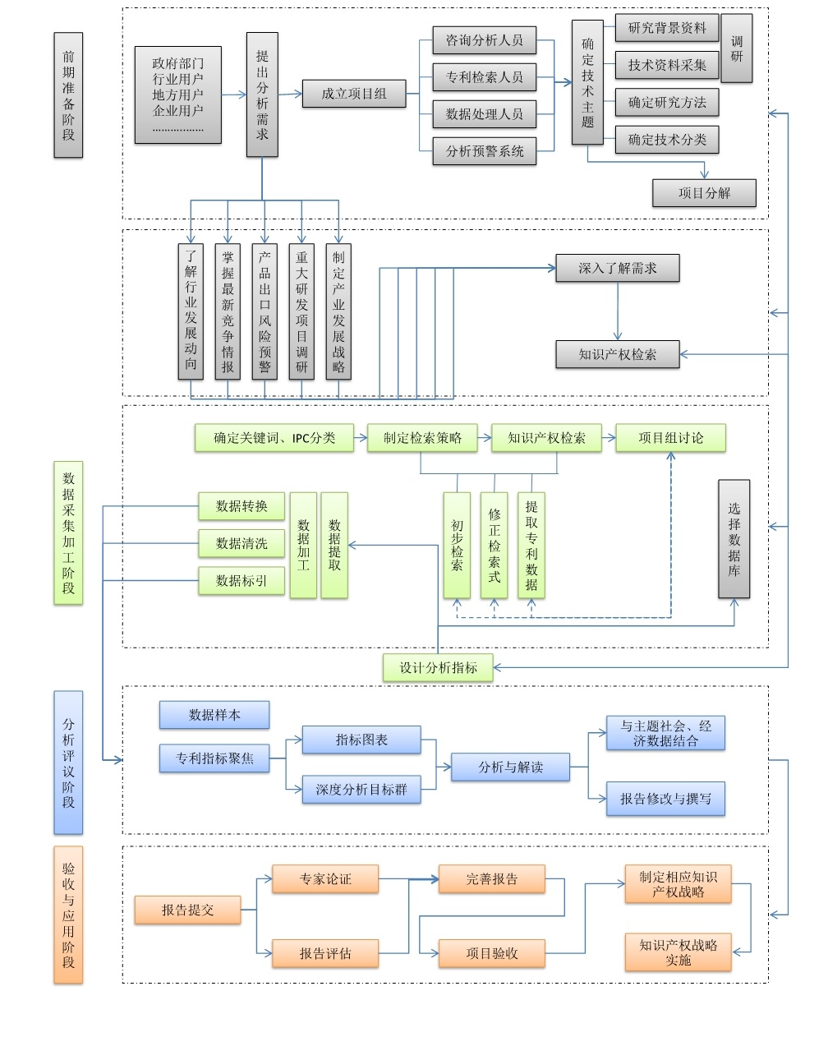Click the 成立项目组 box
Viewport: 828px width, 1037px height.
coord(354,94)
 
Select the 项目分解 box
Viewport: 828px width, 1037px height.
coord(704,193)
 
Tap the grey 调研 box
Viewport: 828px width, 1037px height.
coord(737,48)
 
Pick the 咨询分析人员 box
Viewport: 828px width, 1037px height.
coord(484,40)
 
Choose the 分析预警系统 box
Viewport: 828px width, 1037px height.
coord(484,151)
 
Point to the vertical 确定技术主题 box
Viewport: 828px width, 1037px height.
coord(587,82)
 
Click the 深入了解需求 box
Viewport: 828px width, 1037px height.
coord(618,268)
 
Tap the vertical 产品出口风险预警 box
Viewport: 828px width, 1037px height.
coord(264,311)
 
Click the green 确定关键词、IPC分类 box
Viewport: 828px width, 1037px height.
coord(274,437)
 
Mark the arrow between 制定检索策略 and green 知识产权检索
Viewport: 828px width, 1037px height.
coord(485,437)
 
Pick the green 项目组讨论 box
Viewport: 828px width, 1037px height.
coord(670,437)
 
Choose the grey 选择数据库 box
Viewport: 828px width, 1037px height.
coord(734,539)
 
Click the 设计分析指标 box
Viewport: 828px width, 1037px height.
coord(438,667)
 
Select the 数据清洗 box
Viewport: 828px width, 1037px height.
coord(241,543)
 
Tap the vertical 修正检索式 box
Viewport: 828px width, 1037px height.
coord(494,545)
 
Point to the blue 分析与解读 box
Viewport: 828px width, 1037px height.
coord(510,767)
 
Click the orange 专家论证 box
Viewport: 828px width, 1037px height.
coord(325,878)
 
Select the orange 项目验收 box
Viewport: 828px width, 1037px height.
coord(492,952)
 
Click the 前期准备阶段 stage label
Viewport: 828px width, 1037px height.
coord(68,95)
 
